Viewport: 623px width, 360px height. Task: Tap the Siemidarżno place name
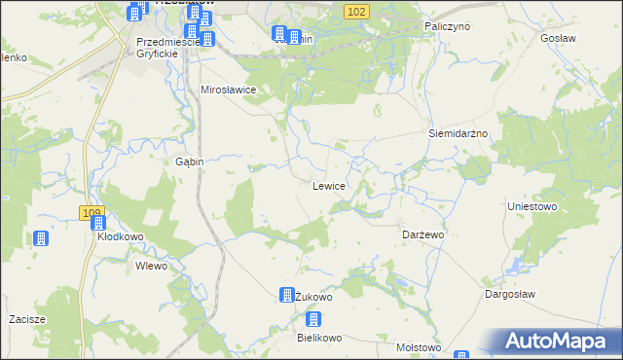coord(458,132)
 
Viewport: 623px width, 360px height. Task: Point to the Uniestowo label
coord(531,206)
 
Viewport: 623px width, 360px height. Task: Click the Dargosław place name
coord(511,293)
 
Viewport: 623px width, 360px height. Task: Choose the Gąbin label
coord(189,162)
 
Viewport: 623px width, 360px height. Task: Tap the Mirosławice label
coord(228,90)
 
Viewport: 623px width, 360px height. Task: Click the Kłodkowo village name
coord(120,236)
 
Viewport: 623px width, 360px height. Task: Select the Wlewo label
coord(152,266)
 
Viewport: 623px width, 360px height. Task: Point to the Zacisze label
coord(28,319)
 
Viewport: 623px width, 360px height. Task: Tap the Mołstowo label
coord(419,347)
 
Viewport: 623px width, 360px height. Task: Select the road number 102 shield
coord(356,11)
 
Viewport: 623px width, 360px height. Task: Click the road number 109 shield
coord(92,212)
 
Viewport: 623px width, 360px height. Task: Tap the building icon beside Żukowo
coord(287,294)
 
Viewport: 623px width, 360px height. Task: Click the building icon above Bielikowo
coord(313,319)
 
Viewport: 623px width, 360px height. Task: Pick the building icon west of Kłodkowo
coord(40,238)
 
